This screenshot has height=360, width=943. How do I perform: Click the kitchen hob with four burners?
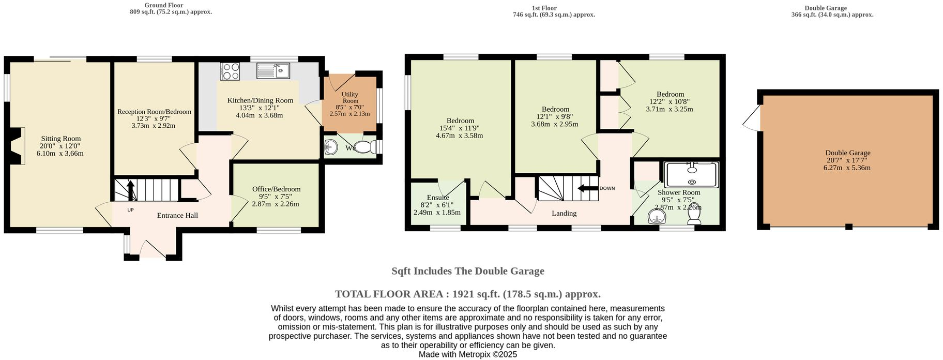pos(230,71)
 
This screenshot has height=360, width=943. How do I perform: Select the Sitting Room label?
pos(61,139)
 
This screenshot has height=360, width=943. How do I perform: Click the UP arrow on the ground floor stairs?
pos(130,190)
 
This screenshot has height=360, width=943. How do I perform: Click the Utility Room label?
pos(350,98)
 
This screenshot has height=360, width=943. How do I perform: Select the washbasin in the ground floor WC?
pos(331,148)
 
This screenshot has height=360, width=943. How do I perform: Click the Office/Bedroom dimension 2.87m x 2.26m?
pos(275,204)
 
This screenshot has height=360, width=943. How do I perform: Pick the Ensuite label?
pos(438,198)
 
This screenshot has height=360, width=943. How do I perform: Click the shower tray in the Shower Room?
pos(692,175)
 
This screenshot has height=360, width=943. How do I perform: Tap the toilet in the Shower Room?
pos(694,218)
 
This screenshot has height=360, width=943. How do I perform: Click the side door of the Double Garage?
pos(753,118)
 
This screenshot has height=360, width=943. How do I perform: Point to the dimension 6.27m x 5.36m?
pos(847,168)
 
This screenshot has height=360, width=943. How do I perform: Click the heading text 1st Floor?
pos(544,8)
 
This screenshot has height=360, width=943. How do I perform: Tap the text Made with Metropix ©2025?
pos(467,355)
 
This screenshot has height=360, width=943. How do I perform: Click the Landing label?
pos(564,213)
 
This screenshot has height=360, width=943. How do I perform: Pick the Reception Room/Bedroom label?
pos(154,112)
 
